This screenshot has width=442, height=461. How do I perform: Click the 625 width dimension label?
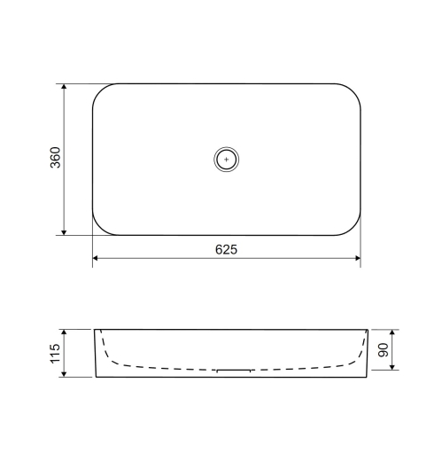click(x=226, y=250)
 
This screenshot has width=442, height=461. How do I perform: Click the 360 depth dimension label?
click(x=55, y=158)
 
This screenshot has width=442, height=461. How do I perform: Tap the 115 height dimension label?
click(x=55, y=354)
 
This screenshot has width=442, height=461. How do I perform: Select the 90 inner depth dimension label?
click(x=384, y=350)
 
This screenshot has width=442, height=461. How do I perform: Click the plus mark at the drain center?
click(x=227, y=160)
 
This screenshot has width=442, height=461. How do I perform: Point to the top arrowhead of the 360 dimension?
click(x=64, y=86)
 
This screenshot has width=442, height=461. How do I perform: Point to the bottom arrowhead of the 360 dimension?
click(x=64, y=232)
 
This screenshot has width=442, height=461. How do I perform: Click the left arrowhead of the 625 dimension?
click(x=96, y=258)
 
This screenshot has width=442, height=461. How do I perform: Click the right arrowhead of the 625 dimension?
click(x=358, y=258)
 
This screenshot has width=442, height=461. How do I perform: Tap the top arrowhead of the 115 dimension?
click(x=64, y=332)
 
